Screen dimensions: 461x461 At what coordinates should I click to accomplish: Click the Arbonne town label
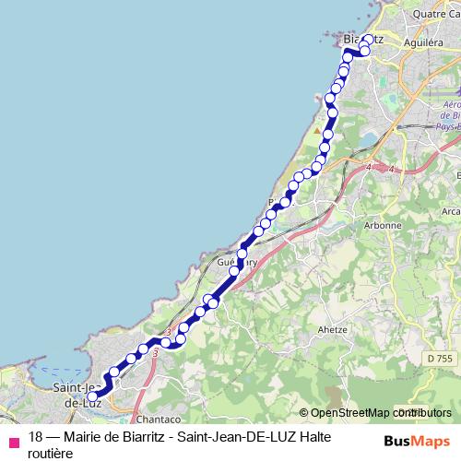(x=383, y=225)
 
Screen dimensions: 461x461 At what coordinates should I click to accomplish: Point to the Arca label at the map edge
(x=451, y=211)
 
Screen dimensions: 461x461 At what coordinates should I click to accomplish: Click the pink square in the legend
(x=13, y=443)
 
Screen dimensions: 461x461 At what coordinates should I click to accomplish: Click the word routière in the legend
(x=51, y=452)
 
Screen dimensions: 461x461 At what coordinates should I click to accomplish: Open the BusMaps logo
(x=416, y=441)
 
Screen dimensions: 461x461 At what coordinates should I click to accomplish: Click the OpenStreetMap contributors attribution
(x=380, y=413)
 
